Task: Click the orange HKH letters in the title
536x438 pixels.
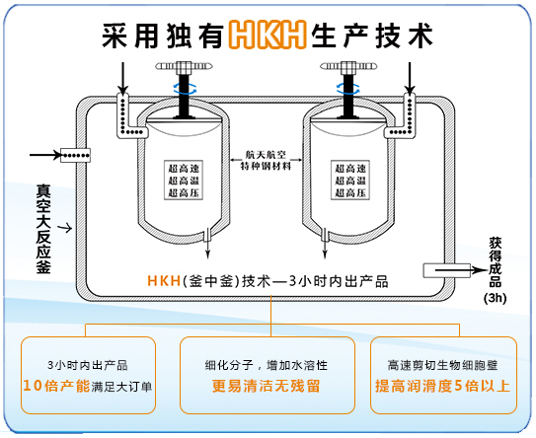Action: [x=265, y=35]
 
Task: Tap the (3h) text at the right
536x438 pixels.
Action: [x=495, y=296]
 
